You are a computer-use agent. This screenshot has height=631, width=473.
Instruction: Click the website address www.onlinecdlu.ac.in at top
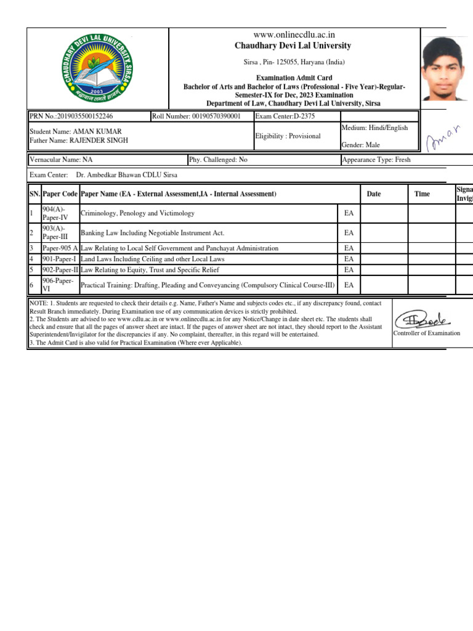coord(293,35)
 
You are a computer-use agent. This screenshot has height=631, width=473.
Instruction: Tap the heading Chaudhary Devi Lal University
coord(293,46)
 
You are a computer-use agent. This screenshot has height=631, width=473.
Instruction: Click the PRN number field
coord(71,116)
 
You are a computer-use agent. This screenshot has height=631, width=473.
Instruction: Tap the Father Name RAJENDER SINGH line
coord(79,140)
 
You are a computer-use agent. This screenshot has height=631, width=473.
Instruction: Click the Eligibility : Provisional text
coord(288,136)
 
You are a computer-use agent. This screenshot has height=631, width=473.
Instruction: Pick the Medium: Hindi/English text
coord(374,128)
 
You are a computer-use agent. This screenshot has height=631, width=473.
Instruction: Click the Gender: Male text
coord(360,145)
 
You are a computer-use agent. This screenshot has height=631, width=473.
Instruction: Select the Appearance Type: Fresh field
coord(376,160)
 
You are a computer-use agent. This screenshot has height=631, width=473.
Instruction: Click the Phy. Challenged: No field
coord(219,160)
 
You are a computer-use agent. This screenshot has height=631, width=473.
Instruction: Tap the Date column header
coord(373,194)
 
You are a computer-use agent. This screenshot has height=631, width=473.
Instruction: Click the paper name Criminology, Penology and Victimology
coord(137,213)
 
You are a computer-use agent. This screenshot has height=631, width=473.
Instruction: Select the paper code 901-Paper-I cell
coord(59,259)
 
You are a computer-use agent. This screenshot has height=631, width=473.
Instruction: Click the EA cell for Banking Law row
coord(349,233)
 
